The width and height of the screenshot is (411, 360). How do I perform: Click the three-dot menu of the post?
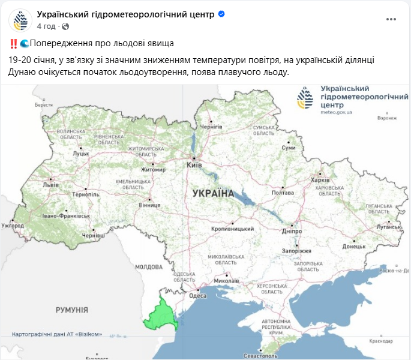coord(391,19)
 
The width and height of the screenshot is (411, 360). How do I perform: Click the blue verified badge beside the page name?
coord(221,13)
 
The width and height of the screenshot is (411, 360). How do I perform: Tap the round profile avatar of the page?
coord(20,20)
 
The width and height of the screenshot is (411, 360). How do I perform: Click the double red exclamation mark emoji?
coord(13,43)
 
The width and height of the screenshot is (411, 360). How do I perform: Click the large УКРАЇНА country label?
coord(213,193)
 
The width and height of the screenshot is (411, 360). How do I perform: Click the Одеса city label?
coord(197,295)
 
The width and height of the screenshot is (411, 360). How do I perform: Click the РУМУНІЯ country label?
coord(72,310)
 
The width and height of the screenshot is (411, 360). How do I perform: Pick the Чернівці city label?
coord(93,236)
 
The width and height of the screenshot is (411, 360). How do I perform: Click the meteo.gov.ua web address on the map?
coord(336,112)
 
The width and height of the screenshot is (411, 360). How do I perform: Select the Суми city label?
coord(289,147)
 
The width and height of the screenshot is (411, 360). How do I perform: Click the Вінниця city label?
coord(150,205)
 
